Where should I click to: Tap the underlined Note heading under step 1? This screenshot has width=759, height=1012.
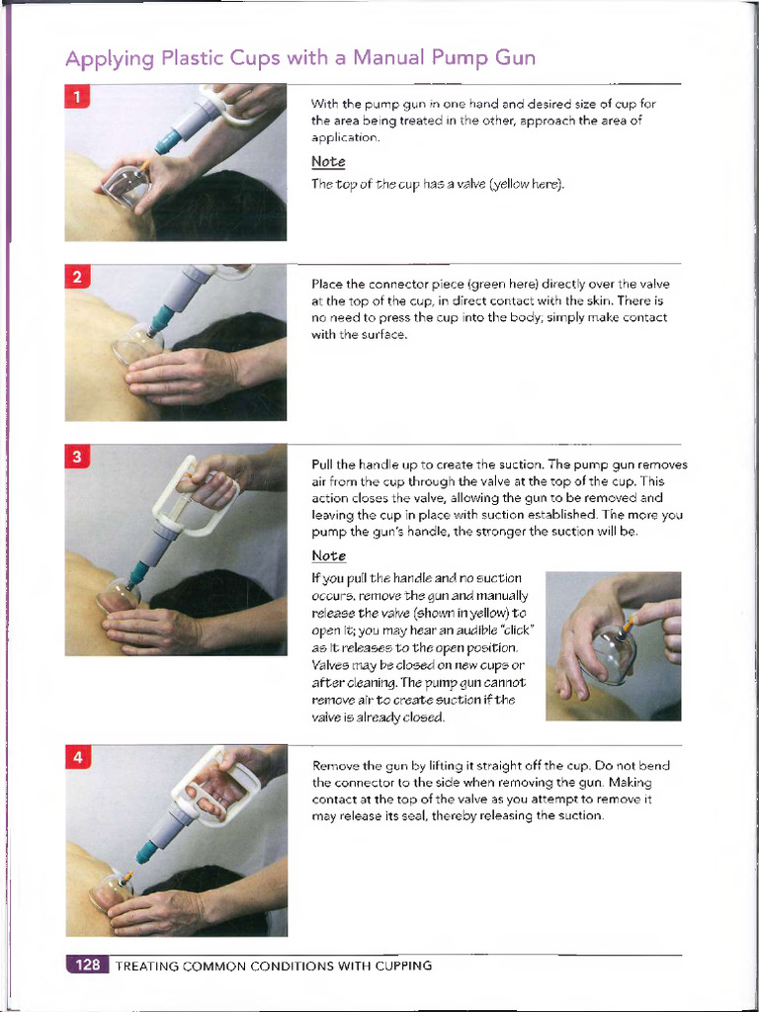click(x=327, y=161)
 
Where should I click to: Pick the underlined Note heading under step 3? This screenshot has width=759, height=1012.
click(x=327, y=555)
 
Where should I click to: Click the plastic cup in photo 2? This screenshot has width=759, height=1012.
click(x=136, y=347)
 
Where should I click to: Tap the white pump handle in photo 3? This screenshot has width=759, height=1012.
click(x=203, y=494)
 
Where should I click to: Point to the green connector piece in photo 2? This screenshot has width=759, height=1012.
click(x=161, y=318)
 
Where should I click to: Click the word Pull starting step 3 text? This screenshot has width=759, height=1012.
click(x=322, y=464)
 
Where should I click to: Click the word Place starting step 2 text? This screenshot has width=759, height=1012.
click(x=327, y=285)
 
